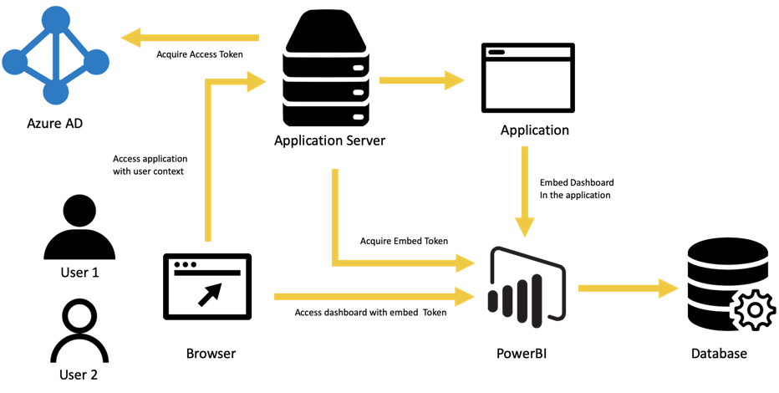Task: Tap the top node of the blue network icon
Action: pos(55,18)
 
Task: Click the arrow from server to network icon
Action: pos(189,37)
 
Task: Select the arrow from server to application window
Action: pos(421,80)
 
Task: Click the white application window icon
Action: pos(527,79)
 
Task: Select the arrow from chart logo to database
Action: pos(627,288)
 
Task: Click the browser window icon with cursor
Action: pos(206,287)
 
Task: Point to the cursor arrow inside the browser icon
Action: pos(214,292)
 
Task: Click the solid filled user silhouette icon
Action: pos(79,226)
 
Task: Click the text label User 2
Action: pos(79,374)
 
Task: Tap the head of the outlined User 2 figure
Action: pos(80,316)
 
